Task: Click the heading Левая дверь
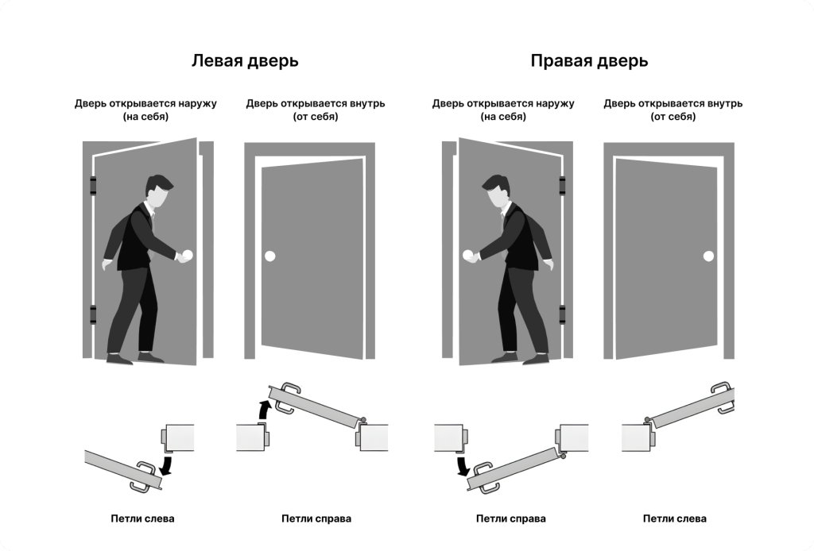244,61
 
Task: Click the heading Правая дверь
588,61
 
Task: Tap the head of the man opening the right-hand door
498,191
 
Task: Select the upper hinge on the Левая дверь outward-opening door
93,186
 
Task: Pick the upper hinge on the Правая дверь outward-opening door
564,186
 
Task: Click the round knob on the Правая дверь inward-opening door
707,256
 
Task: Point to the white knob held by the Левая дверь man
188,256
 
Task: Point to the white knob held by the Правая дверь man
468,256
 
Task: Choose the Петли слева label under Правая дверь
674,519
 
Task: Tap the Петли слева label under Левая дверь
142,519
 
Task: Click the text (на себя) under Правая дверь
502,117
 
